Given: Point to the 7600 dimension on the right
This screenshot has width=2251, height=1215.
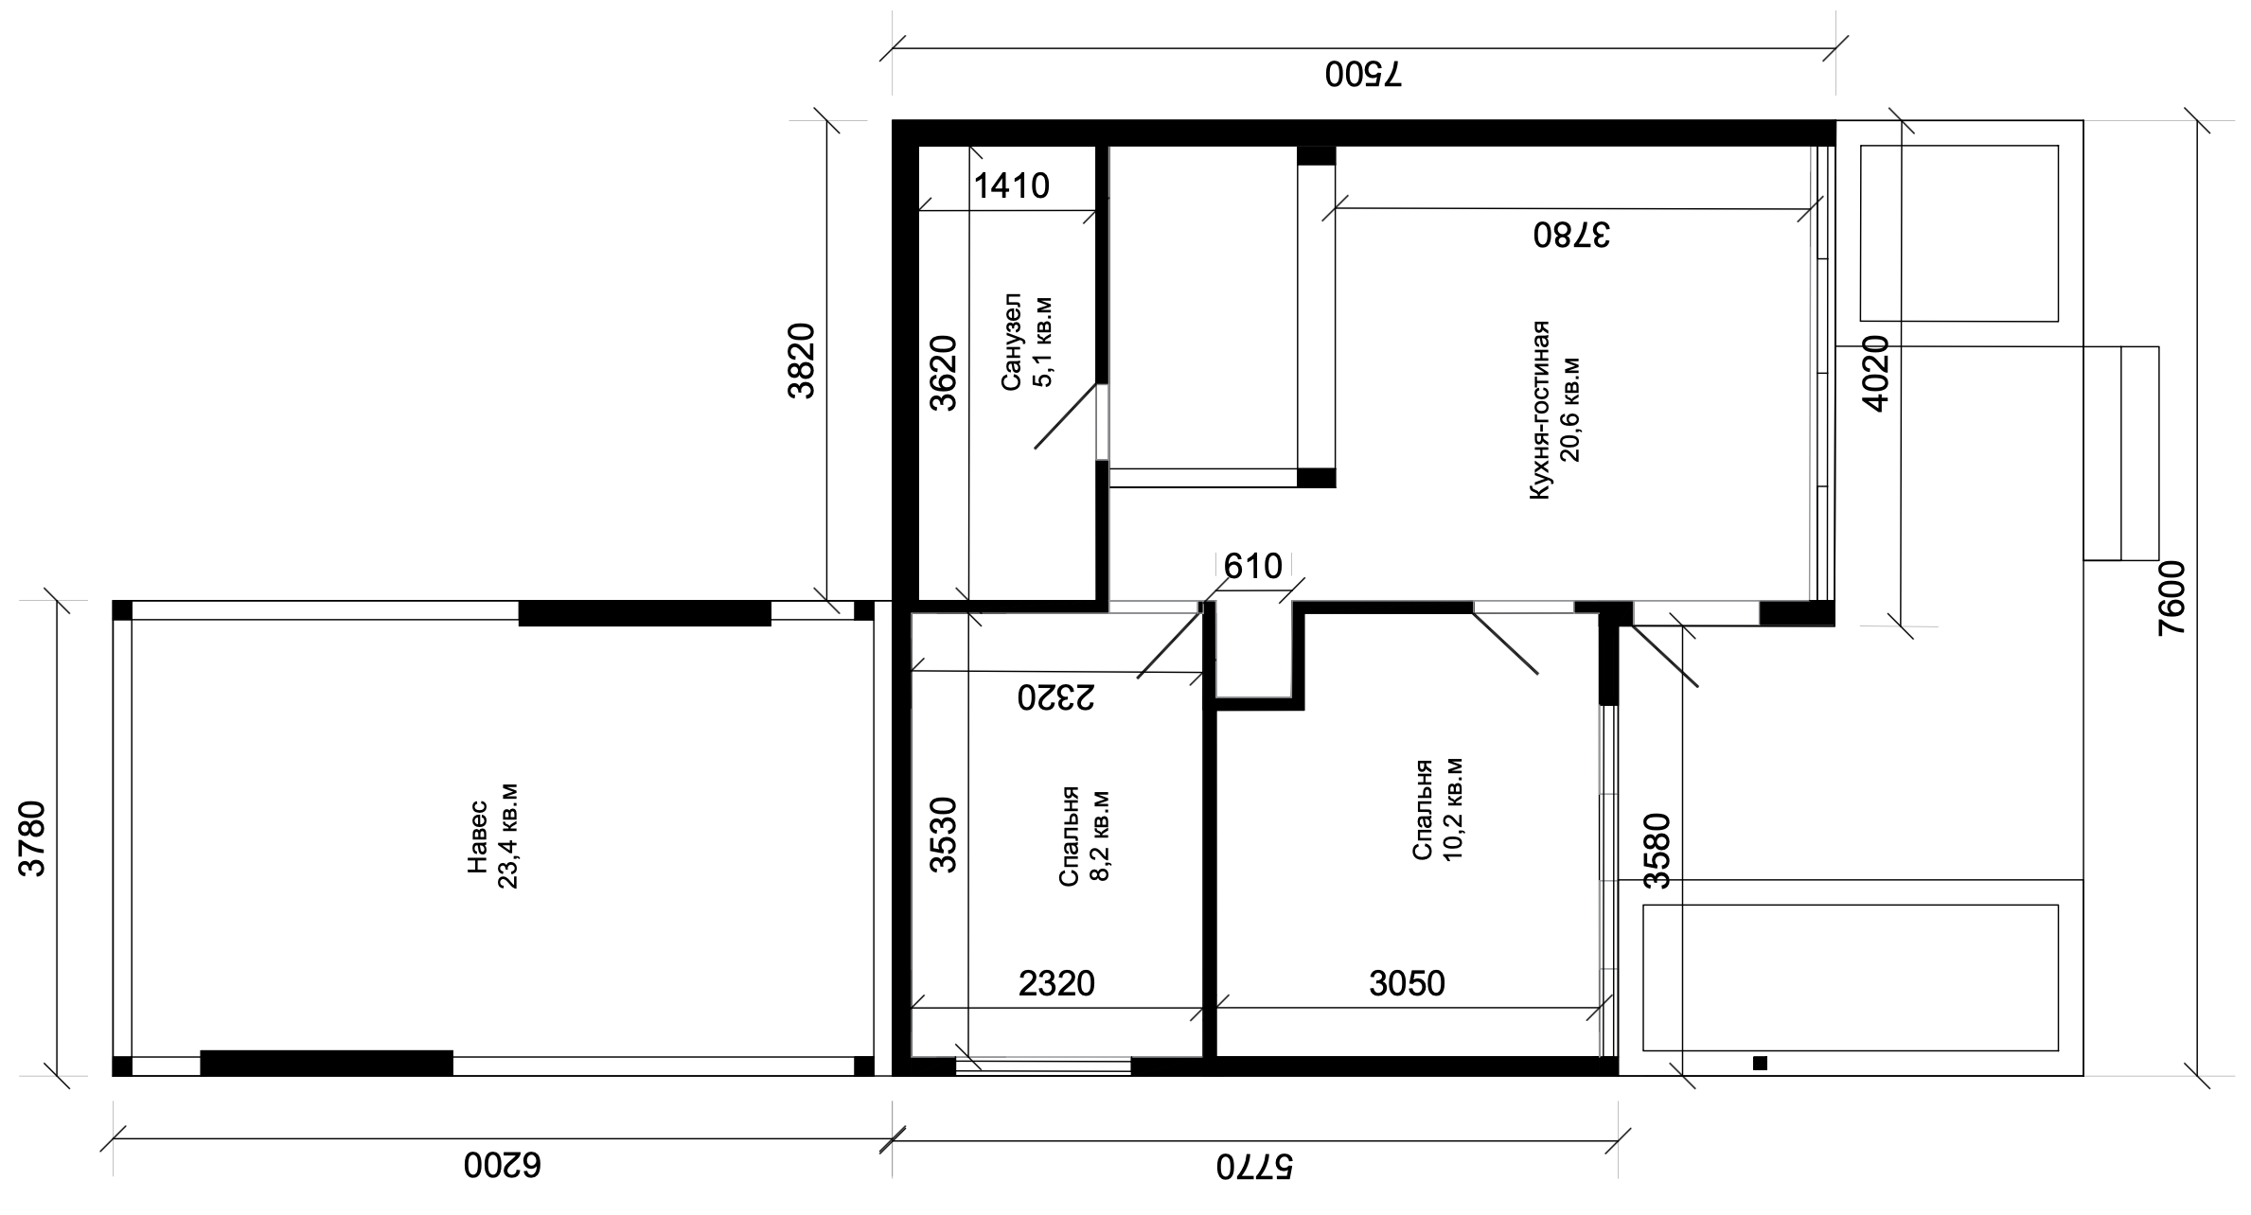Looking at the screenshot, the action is point(2171,598).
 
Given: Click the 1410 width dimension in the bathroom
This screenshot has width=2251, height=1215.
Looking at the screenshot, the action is point(1012,185).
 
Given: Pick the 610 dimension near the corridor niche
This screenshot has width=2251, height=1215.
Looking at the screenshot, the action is point(1252,566).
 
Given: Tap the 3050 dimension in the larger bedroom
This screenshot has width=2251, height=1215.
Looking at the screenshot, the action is point(1407,984).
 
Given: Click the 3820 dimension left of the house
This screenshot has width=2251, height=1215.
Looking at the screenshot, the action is point(801,361).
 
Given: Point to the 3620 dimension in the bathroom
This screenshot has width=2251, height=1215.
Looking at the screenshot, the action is point(943,373).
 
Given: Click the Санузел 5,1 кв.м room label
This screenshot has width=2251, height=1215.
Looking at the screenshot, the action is point(1027,342).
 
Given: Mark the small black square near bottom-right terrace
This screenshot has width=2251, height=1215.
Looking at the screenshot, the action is point(1760,1063).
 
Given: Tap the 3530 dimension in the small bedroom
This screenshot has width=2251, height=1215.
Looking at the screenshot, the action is point(943,835).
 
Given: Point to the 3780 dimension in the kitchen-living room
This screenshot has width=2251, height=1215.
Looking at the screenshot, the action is point(1571,234).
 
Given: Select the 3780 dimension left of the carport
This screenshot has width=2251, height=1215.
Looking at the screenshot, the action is point(33,839).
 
